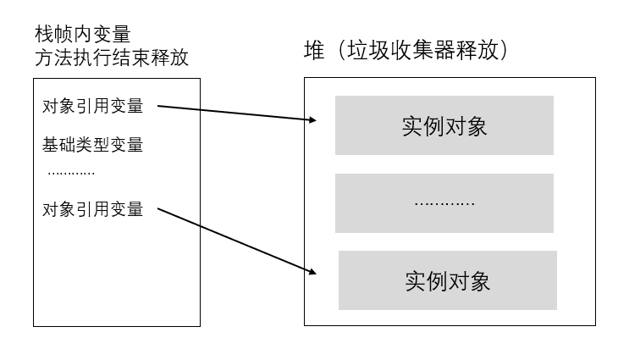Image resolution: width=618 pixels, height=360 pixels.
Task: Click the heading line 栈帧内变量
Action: [x=82, y=34]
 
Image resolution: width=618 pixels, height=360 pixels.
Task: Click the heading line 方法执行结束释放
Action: [x=112, y=58]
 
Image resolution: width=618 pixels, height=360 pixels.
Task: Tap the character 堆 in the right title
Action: [x=314, y=51]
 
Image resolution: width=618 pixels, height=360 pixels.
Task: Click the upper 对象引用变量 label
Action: [x=92, y=106]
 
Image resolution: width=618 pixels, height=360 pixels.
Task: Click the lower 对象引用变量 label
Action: [x=92, y=209]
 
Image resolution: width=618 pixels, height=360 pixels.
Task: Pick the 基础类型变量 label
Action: [x=92, y=145]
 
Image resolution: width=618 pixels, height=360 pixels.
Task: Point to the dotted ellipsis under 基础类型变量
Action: [x=71, y=173]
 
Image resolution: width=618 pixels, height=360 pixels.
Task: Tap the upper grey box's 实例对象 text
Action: [x=444, y=126]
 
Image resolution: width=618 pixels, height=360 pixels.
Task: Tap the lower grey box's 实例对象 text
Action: [x=447, y=281]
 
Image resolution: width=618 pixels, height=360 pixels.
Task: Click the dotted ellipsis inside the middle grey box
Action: [x=444, y=204]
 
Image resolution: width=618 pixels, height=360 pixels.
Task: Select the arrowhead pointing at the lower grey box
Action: [x=312, y=271]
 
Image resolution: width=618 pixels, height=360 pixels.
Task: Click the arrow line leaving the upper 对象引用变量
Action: [x=237, y=113]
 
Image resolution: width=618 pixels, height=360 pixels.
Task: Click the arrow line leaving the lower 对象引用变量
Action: [x=237, y=241]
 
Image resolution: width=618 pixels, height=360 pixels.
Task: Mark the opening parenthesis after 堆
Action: [x=341, y=51]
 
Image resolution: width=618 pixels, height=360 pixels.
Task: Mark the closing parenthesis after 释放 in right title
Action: [x=504, y=51]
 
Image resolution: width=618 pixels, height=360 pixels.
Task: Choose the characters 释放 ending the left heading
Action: [x=170, y=58]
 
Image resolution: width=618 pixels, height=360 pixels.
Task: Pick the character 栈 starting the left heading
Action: [x=44, y=34]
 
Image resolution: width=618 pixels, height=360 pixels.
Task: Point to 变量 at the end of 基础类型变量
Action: [x=126, y=145]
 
